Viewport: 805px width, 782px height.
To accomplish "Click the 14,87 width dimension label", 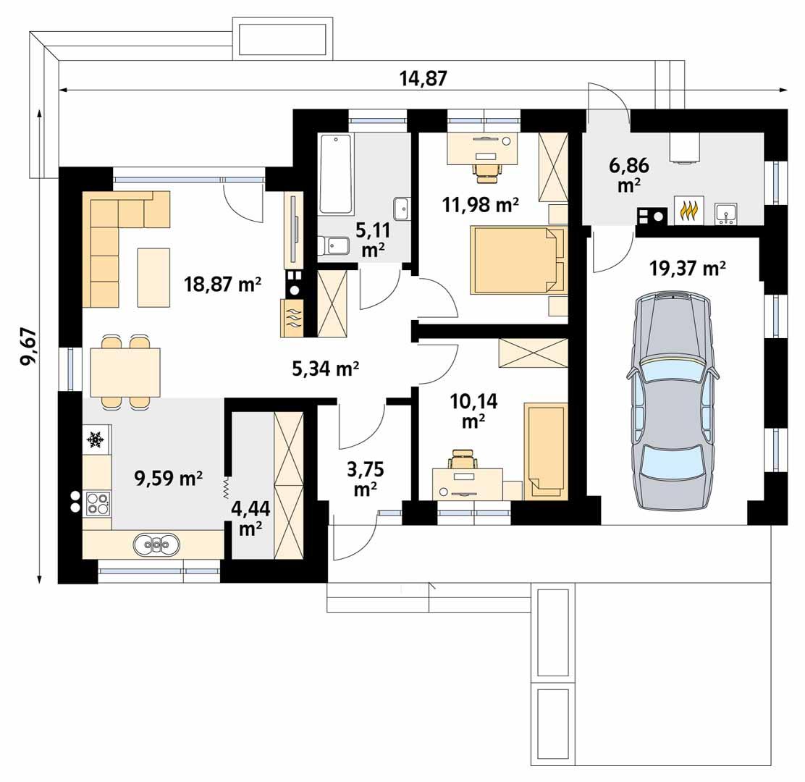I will click(x=423, y=78).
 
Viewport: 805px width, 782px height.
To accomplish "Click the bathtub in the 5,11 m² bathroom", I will click(x=336, y=174).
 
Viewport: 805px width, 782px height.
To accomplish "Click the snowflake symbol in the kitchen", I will click(x=95, y=439).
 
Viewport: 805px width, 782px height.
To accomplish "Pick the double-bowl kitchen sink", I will click(x=156, y=543).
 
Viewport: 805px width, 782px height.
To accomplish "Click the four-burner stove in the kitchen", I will click(x=97, y=503).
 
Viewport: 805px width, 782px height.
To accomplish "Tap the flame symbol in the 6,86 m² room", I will click(x=689, y=211).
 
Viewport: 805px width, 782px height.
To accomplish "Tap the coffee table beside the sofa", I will click(x=153, y=277).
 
